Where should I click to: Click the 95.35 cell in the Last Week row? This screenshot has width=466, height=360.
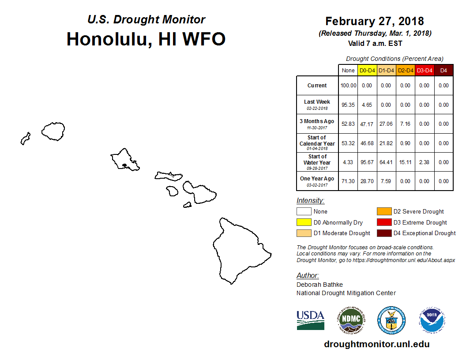pyautogui.click(x=348, y=105)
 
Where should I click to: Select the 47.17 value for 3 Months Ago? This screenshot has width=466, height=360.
pyautogui.click(x=367, y=124)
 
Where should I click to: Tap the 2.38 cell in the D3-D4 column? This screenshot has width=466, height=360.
pyautogui.click(x=424, y=162)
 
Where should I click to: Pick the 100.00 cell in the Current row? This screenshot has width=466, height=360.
pyautogui.click(x=348, y=86)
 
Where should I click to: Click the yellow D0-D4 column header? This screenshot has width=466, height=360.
pyautogui.click(x=367, y=71)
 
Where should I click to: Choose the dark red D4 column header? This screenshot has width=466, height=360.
pyautogui.click(x=443, y=71)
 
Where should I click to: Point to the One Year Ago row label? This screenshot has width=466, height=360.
pyautogui.click(x=317, y=181)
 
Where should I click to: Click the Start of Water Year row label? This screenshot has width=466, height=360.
pyautogui.click(x=317, y=162)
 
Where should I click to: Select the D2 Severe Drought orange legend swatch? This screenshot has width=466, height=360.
pyautogui.click(x=384, y=211)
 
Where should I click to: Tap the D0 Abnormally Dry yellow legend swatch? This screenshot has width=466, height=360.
pyautogui.click(x=304, y=222)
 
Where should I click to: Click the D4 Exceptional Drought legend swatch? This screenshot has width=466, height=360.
pyautogui.click(x=384, y=233)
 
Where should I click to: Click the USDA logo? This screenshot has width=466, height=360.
pyautogui.click(x=311, y=320)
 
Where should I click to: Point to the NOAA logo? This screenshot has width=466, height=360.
pyautogui.click(x=432, y=320)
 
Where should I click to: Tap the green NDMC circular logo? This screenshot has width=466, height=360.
pyautogui.click(x=351, y=320)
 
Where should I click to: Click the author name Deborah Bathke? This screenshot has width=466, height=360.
pyautogui.click(x=319, y=285)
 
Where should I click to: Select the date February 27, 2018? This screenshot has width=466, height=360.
pyautogui.click(x=375, y=21)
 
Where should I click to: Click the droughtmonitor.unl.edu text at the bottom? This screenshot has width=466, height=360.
pyautogui.click(x=376, y=344)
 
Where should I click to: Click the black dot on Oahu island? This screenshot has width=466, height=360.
pyautogui.click(x=124, y=165)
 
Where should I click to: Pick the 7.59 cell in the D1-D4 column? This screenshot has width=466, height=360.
pyautogui.click(x=386, y=181)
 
